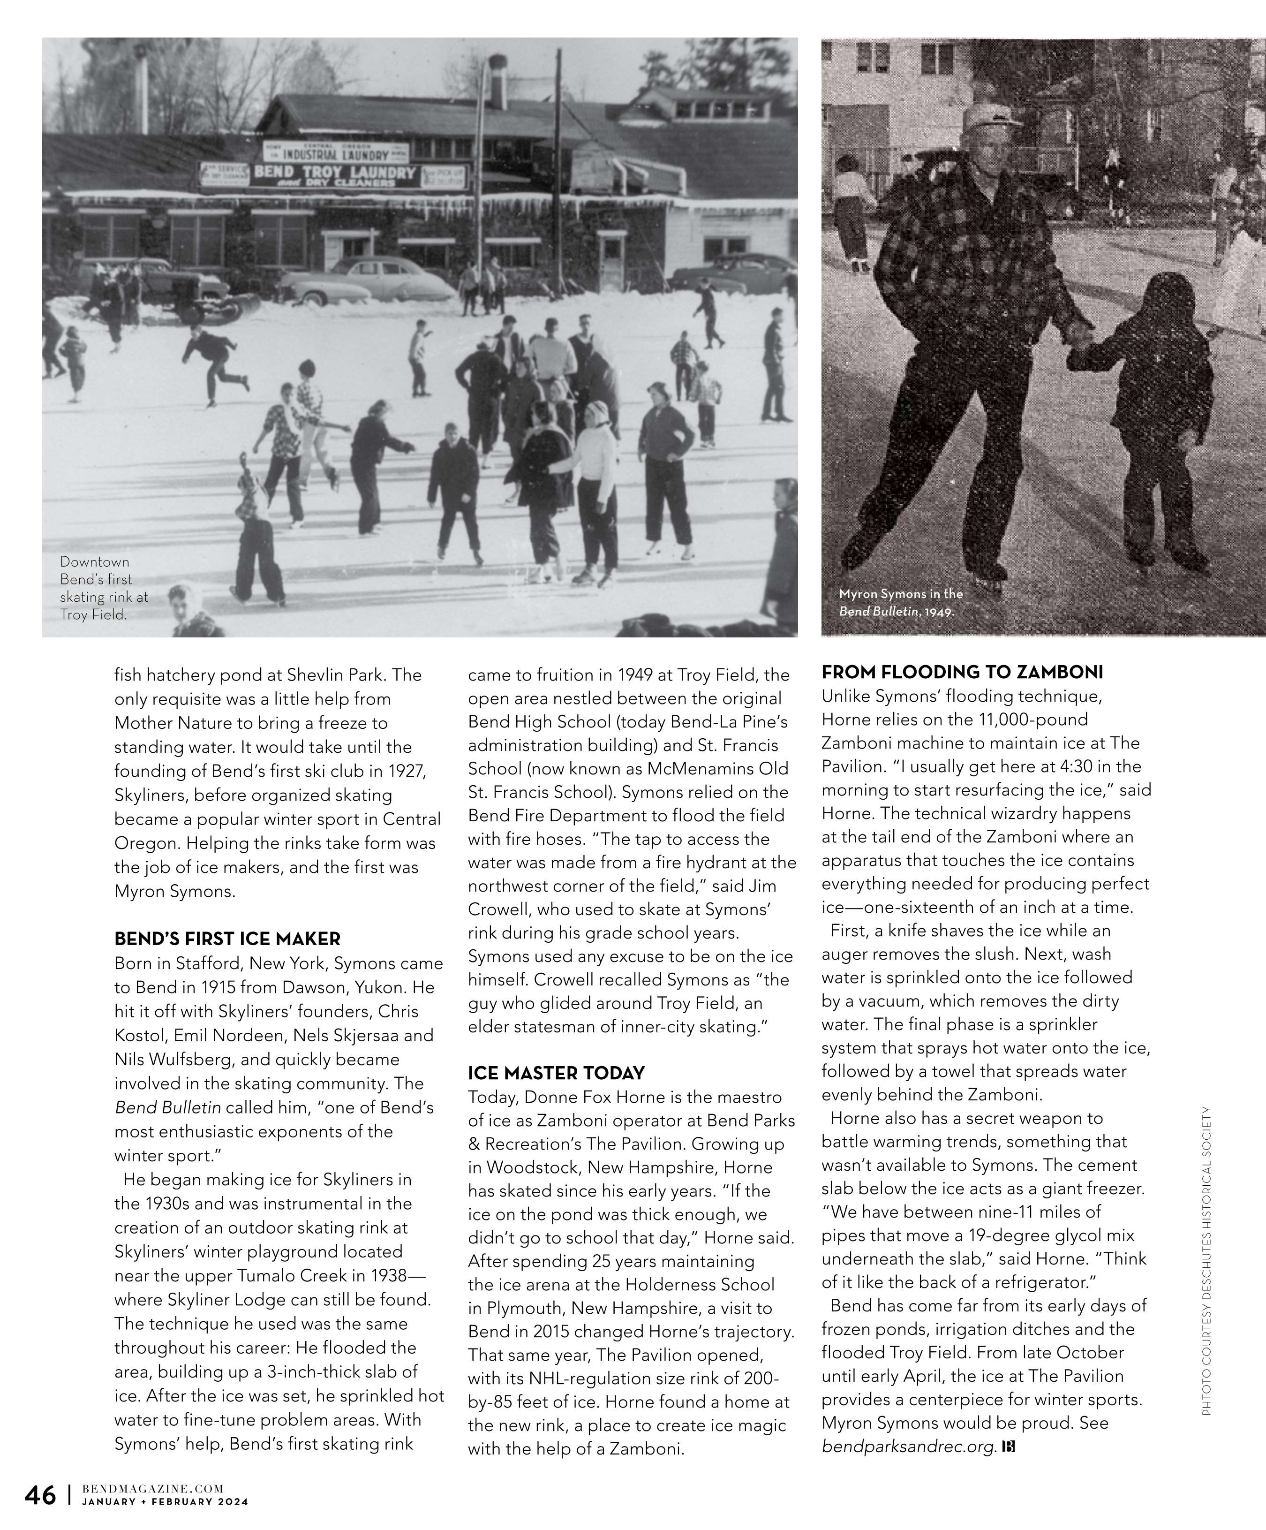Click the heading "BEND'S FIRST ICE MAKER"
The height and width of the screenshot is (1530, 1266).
[x=227, y=939]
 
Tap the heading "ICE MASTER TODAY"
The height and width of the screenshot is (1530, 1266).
[x=557, y=1073]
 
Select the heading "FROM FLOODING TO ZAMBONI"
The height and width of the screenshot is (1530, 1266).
[x=962, y=672]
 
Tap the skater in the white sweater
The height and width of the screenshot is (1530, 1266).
[x=593, y=474]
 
